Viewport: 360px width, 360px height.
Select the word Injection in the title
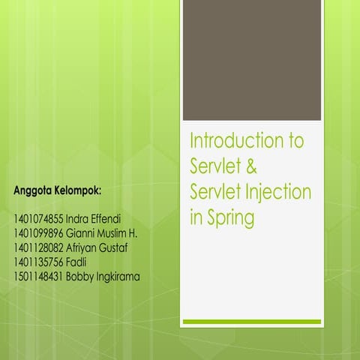coord(277,192)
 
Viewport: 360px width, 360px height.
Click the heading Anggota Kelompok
coord(56,191)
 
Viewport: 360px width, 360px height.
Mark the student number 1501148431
coord(38,276)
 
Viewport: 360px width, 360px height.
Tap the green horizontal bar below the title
coord(252,322)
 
